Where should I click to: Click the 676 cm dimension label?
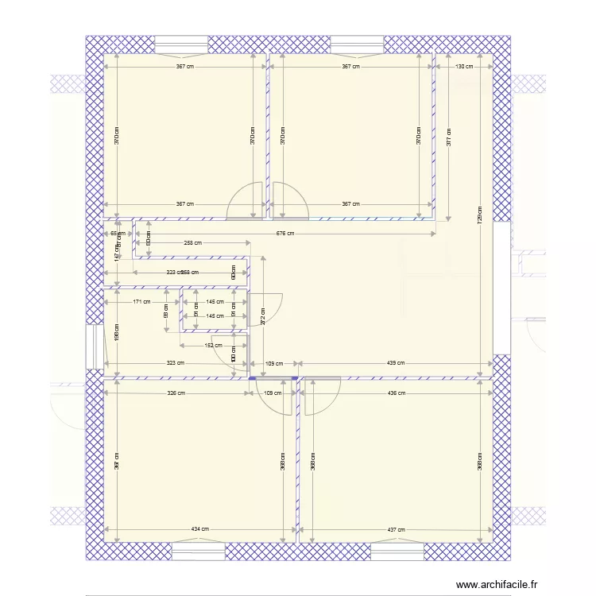pyautogui.click(x=284, y=234)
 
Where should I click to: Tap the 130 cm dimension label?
pyautogui.click(x=464, y=67)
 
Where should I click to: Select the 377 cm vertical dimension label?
pyautogui.click(x=449, y=137)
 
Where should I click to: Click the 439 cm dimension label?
pyautogui.click(x=395, y=363)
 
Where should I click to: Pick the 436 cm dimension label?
pyautogui.click(x=395, y=393)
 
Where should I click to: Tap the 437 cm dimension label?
pyautogui.click(x=395, y=529)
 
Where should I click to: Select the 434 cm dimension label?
pyautogui.click(x=199, y=529)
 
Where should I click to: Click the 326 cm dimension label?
pyautogui.click(x=176, y=393)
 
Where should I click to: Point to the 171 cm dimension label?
pyautogui.click(x=141, y=302)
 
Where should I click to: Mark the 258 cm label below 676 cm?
pyautogui.click(x=192, y=243)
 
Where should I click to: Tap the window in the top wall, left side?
pyautogui.click(x=181, y=44)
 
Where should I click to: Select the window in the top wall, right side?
pyautogui.click(x=356, y=44)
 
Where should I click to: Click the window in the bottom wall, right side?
pyautogui.click(x=397, y=551)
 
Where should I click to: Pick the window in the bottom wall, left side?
pyautogui.click(x=199, y=551)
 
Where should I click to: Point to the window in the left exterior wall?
pyautogui.click(x=94, y=347)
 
